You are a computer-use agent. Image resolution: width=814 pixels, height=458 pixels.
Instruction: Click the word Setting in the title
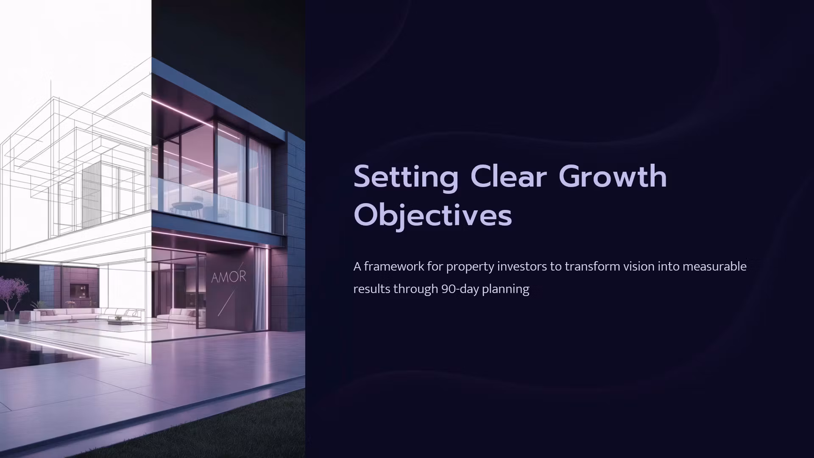406,178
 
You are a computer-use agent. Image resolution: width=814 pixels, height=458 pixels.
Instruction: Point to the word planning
506,290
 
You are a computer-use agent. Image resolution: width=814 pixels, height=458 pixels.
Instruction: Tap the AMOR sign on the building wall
229,277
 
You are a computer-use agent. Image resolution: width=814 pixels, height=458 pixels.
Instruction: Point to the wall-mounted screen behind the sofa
79,291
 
